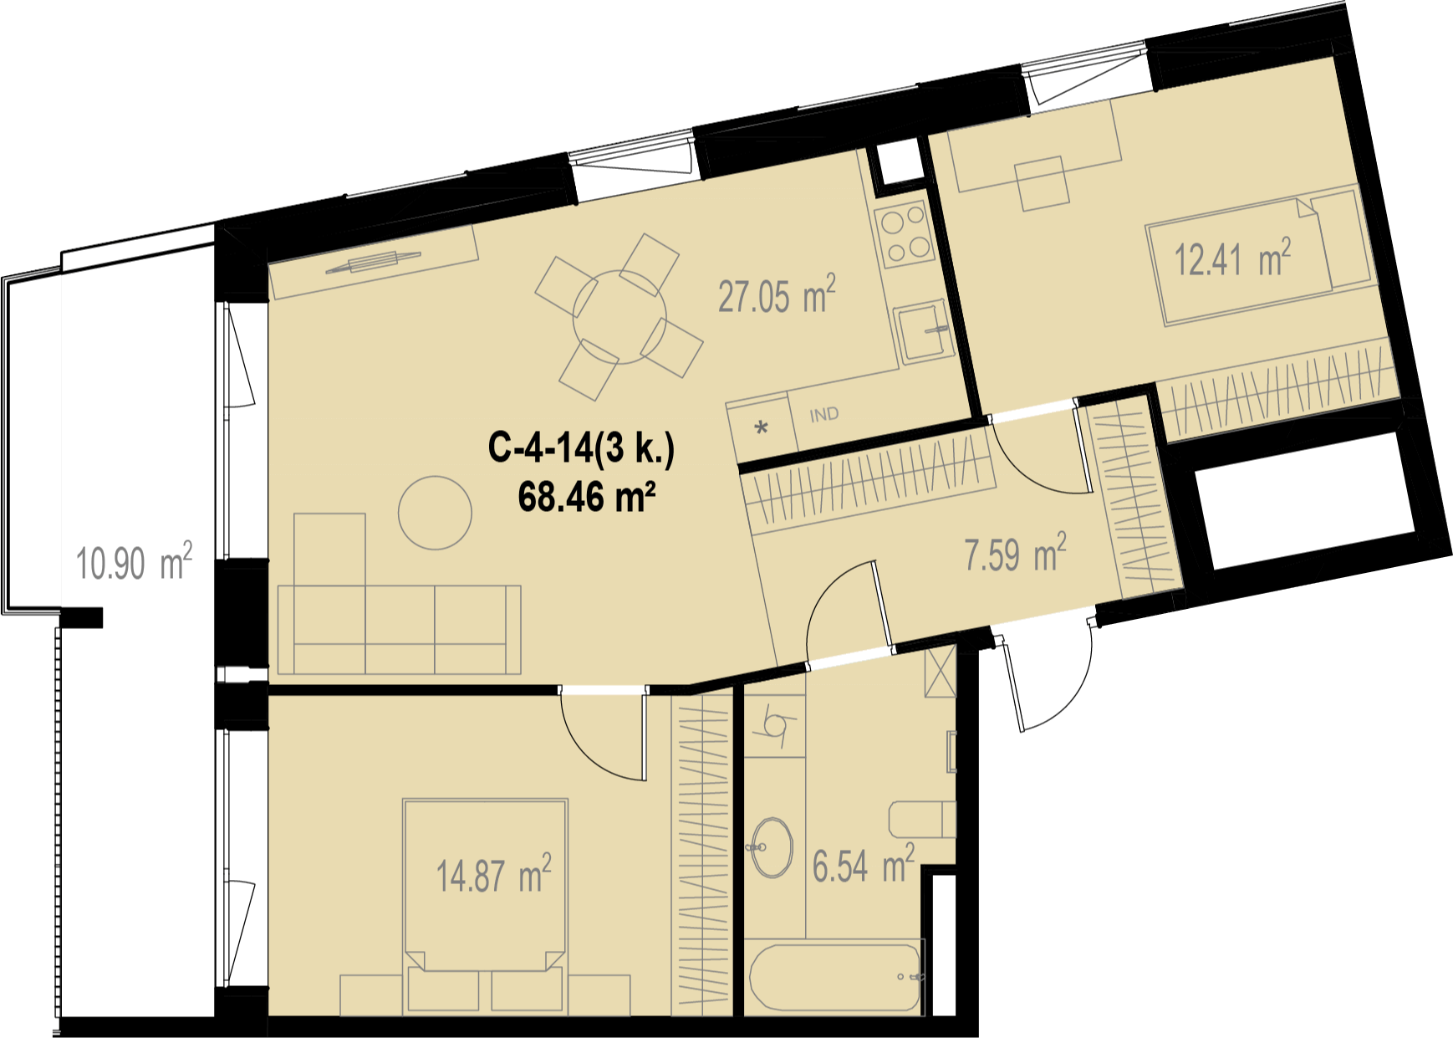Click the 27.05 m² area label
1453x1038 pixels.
777,295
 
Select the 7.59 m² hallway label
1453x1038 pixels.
1015,554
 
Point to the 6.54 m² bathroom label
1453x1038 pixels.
864,865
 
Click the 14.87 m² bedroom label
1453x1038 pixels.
493,875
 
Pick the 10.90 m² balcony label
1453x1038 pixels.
134,562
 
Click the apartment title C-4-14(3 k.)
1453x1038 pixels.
581,448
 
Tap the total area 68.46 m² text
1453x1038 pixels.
586,497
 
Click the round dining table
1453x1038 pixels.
619,317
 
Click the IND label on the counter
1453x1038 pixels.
823,414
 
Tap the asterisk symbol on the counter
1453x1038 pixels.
761,429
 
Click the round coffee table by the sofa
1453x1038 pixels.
435,513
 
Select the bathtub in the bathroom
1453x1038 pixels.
836,978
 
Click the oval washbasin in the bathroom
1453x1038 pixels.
772,847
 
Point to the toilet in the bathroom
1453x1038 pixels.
922,820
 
